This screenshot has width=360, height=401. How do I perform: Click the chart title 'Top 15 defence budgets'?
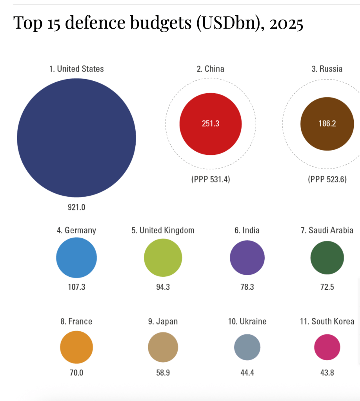158,24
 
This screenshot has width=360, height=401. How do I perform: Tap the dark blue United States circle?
76,138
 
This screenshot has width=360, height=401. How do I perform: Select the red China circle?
211,124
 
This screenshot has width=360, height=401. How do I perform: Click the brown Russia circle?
327,124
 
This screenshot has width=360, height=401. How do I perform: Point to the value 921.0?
76,207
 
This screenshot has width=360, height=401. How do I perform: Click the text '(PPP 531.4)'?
211,180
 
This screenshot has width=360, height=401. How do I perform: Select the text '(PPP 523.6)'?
327,180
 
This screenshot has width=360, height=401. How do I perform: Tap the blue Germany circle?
76,258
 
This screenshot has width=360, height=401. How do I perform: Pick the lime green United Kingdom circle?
163,258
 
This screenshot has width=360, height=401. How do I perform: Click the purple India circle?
247,258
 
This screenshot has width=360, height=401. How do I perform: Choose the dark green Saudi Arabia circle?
327,258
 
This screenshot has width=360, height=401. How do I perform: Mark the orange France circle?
76,347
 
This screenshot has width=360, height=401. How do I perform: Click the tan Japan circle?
163,347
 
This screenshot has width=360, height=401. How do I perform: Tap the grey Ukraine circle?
247,347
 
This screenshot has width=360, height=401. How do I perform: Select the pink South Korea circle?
327,347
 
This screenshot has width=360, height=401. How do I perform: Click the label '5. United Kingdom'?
163,230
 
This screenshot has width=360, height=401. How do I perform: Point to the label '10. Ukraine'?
247,321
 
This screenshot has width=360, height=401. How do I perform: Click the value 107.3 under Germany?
76,287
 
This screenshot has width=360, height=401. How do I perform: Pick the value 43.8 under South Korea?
327,373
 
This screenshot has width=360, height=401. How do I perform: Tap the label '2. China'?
211,69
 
